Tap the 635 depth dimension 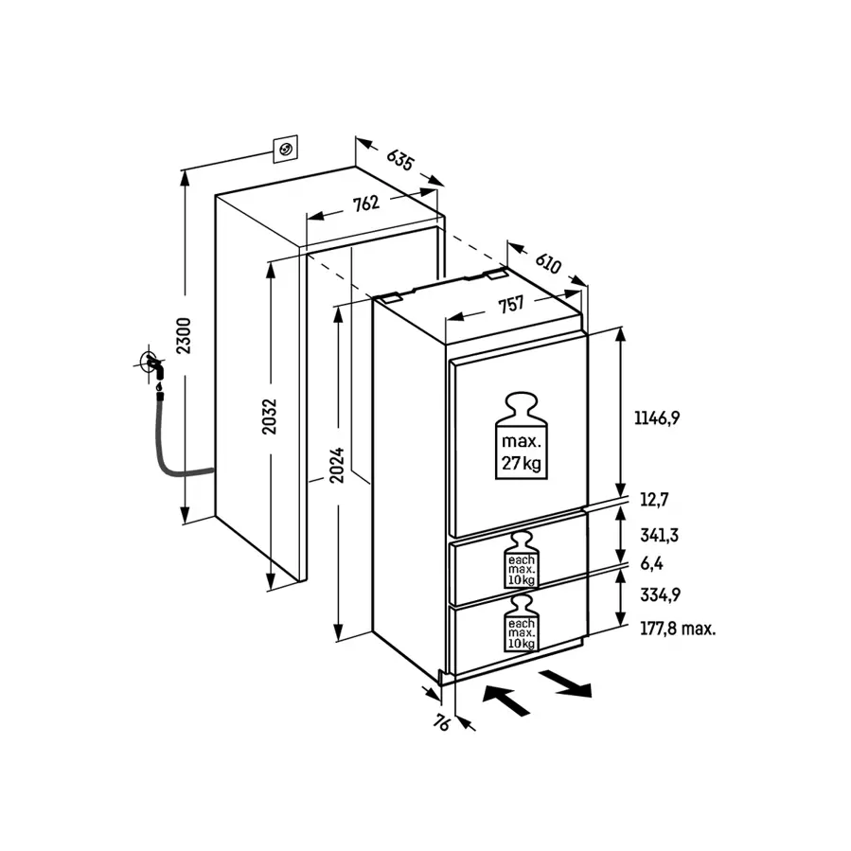click(399, 158)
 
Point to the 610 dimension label click(547, 262)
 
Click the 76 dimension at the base click(441, 725)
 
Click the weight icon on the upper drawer click(522, 559)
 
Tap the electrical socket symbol click(285, 148)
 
